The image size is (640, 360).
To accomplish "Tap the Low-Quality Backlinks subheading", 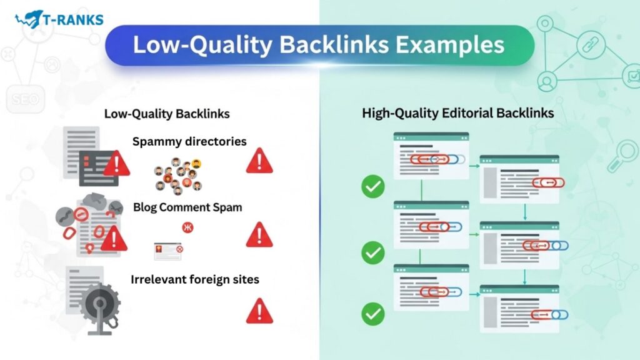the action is pos(167,114).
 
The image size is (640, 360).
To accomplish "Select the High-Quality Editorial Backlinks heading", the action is pos(458,113).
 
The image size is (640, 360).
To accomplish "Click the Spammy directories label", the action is pos(189,142).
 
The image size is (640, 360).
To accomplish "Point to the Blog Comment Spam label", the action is pos(187,207).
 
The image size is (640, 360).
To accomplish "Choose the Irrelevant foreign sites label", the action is pos(195,279).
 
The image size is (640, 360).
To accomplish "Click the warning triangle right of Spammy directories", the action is pos(259,161).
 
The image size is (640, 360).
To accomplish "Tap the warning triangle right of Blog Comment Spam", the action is pos(259,235).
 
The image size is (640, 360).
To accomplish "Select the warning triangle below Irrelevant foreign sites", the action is pos(259,311).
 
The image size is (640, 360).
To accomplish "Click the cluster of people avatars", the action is pos(178,176).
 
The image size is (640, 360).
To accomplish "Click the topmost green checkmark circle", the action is pos(373,186).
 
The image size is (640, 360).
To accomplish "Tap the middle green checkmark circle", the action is pos(373,252).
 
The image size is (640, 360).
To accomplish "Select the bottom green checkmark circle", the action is pos(373,314).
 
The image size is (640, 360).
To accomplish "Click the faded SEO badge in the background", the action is pos(25,99).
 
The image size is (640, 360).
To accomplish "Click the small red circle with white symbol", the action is pos(187,227).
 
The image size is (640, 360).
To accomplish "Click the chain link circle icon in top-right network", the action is pos(591,44).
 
